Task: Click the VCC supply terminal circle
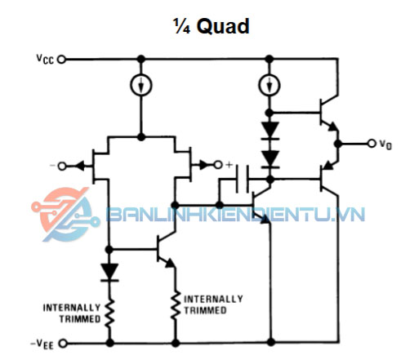[x=61, y=59]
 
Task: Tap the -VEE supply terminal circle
[x=63, y=344]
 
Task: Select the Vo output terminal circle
[x=372, y=143]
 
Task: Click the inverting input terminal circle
[x=62, y=166]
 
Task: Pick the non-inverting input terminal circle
[x=218, y=165]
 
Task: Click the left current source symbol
[x=141, y=85]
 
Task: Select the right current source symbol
[x=270, y=85]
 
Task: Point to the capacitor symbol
[x=242, y=179]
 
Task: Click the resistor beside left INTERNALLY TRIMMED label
[x=109, y=313]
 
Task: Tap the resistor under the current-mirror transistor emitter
[x=176, y=304]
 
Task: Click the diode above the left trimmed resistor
[x=109, y=272]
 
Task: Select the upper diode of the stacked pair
[x=270, y=131]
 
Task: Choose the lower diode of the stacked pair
[x=270, y=159]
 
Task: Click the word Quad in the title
[x=223, y=26]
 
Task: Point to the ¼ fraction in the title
[x=181, y=26]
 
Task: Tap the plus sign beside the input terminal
[x=229, y=165]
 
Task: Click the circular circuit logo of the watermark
[x=65, y=215]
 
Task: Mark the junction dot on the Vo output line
[x=338, y=144]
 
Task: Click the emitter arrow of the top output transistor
[x=333, y=127]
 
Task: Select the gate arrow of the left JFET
[x=79, y=166]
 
